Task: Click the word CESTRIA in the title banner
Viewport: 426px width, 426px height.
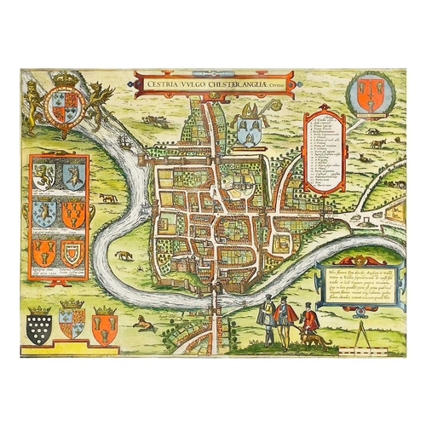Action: [162, 83]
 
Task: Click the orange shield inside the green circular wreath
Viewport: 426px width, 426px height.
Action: [370, 92]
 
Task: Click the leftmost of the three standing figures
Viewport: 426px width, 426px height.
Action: [268, 313]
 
